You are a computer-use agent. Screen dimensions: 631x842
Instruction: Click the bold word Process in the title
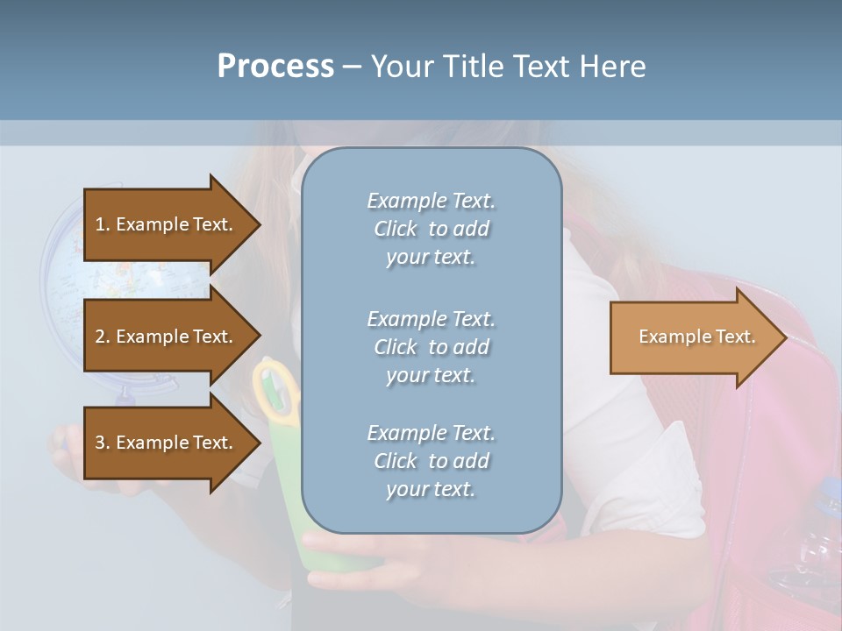coord(275,67)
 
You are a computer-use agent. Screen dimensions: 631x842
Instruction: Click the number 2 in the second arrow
coord(100,337)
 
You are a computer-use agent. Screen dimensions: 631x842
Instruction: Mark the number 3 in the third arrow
coord(100,443)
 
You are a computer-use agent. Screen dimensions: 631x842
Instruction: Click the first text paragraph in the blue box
coord(431,229)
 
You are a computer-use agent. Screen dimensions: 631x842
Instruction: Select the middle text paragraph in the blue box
coord(431,347)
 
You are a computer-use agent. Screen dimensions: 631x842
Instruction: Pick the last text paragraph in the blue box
coord(431,461)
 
